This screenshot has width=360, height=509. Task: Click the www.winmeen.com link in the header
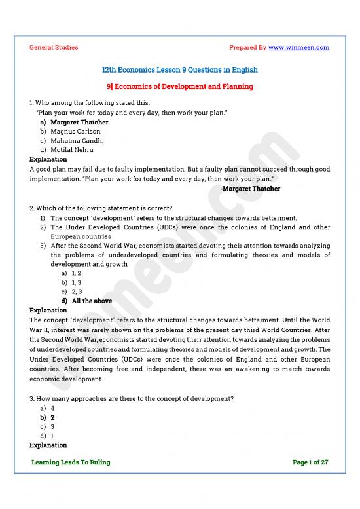tap(298, 47)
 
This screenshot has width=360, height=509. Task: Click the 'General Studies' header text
tap(54, 47)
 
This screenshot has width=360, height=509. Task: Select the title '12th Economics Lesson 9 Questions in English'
tap(180, 69)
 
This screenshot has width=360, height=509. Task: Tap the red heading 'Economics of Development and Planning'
tap(184, 86)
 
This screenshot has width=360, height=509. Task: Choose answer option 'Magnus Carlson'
tap(75, 131)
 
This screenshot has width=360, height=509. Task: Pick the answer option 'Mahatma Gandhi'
tap(77, 140)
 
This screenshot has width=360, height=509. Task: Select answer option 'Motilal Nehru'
tap(72, 149)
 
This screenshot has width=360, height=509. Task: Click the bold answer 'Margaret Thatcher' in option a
tap(79, 122)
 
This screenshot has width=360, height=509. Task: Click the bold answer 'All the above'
tap(92, 301)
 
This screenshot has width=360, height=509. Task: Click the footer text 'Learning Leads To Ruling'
tap(71, 462)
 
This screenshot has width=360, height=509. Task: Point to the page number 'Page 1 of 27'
tap(310, 462)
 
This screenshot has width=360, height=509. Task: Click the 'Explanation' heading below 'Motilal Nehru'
tap(48, 159)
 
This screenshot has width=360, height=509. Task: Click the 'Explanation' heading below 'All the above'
tap(48, 310)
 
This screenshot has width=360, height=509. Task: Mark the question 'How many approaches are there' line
tap(132, 398)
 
